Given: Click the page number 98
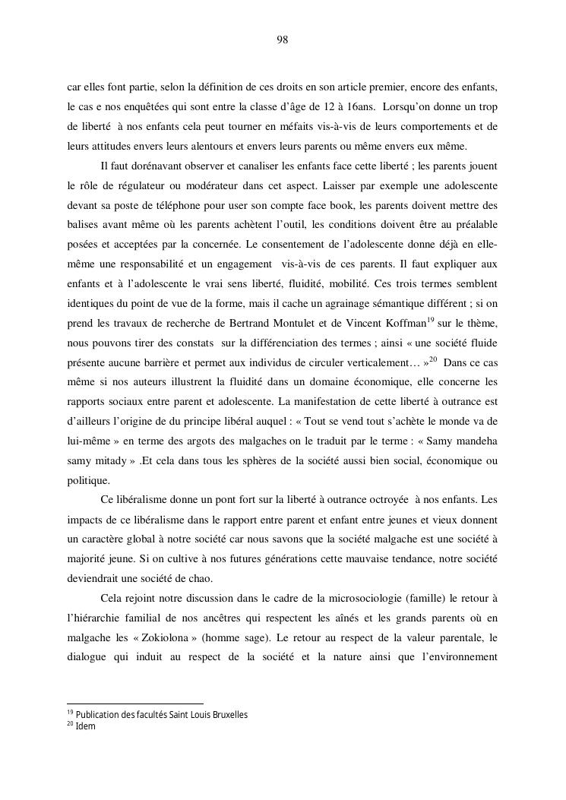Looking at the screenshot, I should (x=283, y=40).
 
